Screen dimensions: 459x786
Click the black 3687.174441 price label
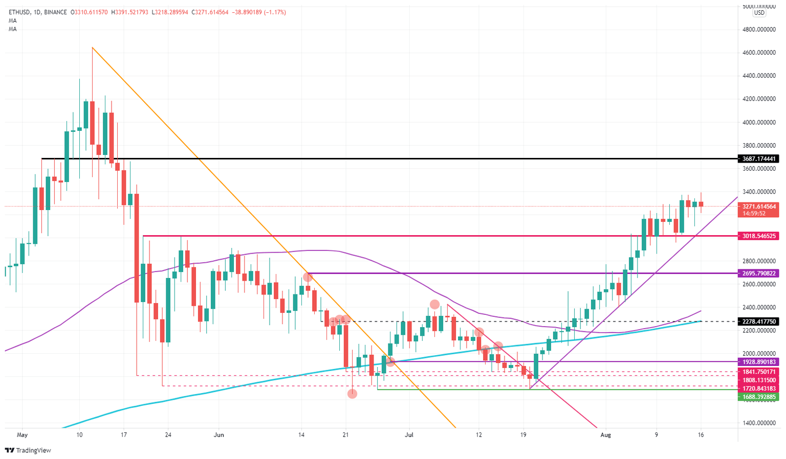point(758,159)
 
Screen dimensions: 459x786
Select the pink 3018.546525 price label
point(758,236)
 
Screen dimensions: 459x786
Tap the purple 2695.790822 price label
point(758,273)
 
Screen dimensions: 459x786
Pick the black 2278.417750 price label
point(758,322)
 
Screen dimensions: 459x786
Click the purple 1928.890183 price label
point(758,362)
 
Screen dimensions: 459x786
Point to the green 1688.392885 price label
point(758,397)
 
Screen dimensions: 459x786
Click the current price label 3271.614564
point(758,206)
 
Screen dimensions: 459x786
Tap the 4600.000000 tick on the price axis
point(758,53)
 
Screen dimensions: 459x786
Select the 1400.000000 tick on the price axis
point(758,423)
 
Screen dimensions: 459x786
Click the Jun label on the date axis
point(219,435)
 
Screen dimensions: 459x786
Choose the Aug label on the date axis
point(605,435)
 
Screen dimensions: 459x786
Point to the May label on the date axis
point(21,435)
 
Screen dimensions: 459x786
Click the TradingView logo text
point(33,450)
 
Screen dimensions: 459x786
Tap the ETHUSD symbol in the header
point(19,12)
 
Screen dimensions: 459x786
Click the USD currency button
point(759,13)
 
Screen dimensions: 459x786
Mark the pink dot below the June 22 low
point(352,394)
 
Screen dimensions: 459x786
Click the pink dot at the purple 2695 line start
point(308,277)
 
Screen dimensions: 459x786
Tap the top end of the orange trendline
point(92,48)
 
